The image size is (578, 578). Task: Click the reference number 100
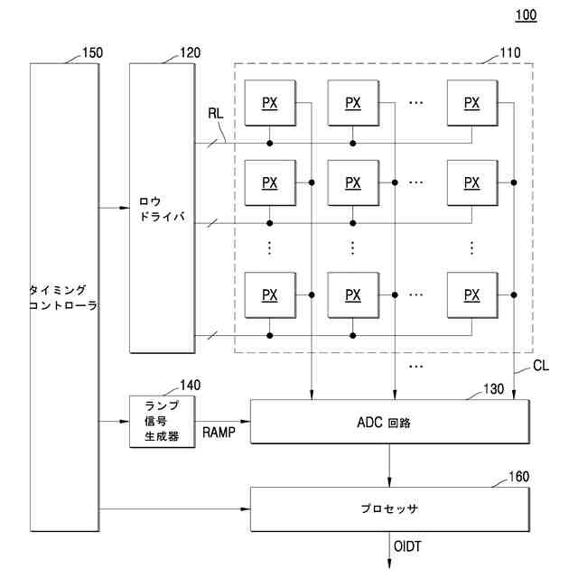(x=525, y=14)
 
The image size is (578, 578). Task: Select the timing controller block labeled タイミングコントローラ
(x=63, y=298)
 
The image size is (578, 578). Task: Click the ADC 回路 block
(x=389, y=422)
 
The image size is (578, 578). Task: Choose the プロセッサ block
(x=389, y=508)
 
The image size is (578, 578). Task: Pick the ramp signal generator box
(x=162, y=421)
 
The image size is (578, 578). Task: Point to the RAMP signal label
(x=219, y=432)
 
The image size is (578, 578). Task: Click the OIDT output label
(x=408, y=546)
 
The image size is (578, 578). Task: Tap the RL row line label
(x=216, y=115)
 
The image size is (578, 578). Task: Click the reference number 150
(x=92, y=52)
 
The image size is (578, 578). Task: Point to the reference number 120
(x=190, y=52)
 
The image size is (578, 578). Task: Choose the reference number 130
(x=494, y=389)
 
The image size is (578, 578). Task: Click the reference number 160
(x=518, y=476)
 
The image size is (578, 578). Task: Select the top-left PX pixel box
(x=269, y=102)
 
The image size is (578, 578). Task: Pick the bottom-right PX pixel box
(x=471, y=294)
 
